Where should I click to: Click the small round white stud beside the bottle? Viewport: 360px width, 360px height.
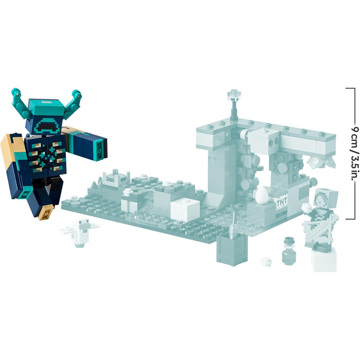pos(266,262)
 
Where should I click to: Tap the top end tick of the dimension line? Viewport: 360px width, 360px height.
pos(350,88)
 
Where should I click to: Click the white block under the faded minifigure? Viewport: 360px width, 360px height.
pos(325,260)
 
